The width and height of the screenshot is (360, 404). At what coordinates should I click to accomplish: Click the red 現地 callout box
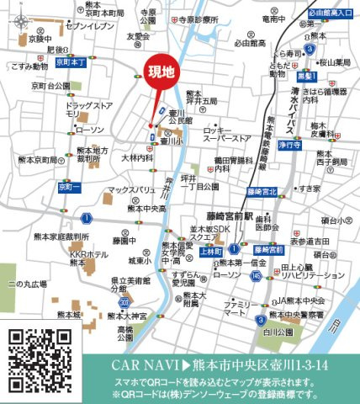tap(161, 73)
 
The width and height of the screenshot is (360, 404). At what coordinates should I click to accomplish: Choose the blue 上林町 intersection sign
tap(210, 251)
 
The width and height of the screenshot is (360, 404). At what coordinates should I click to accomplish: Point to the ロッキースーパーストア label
tap(227, 135)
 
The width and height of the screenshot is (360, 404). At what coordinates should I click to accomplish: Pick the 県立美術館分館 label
tap(106, 284)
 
